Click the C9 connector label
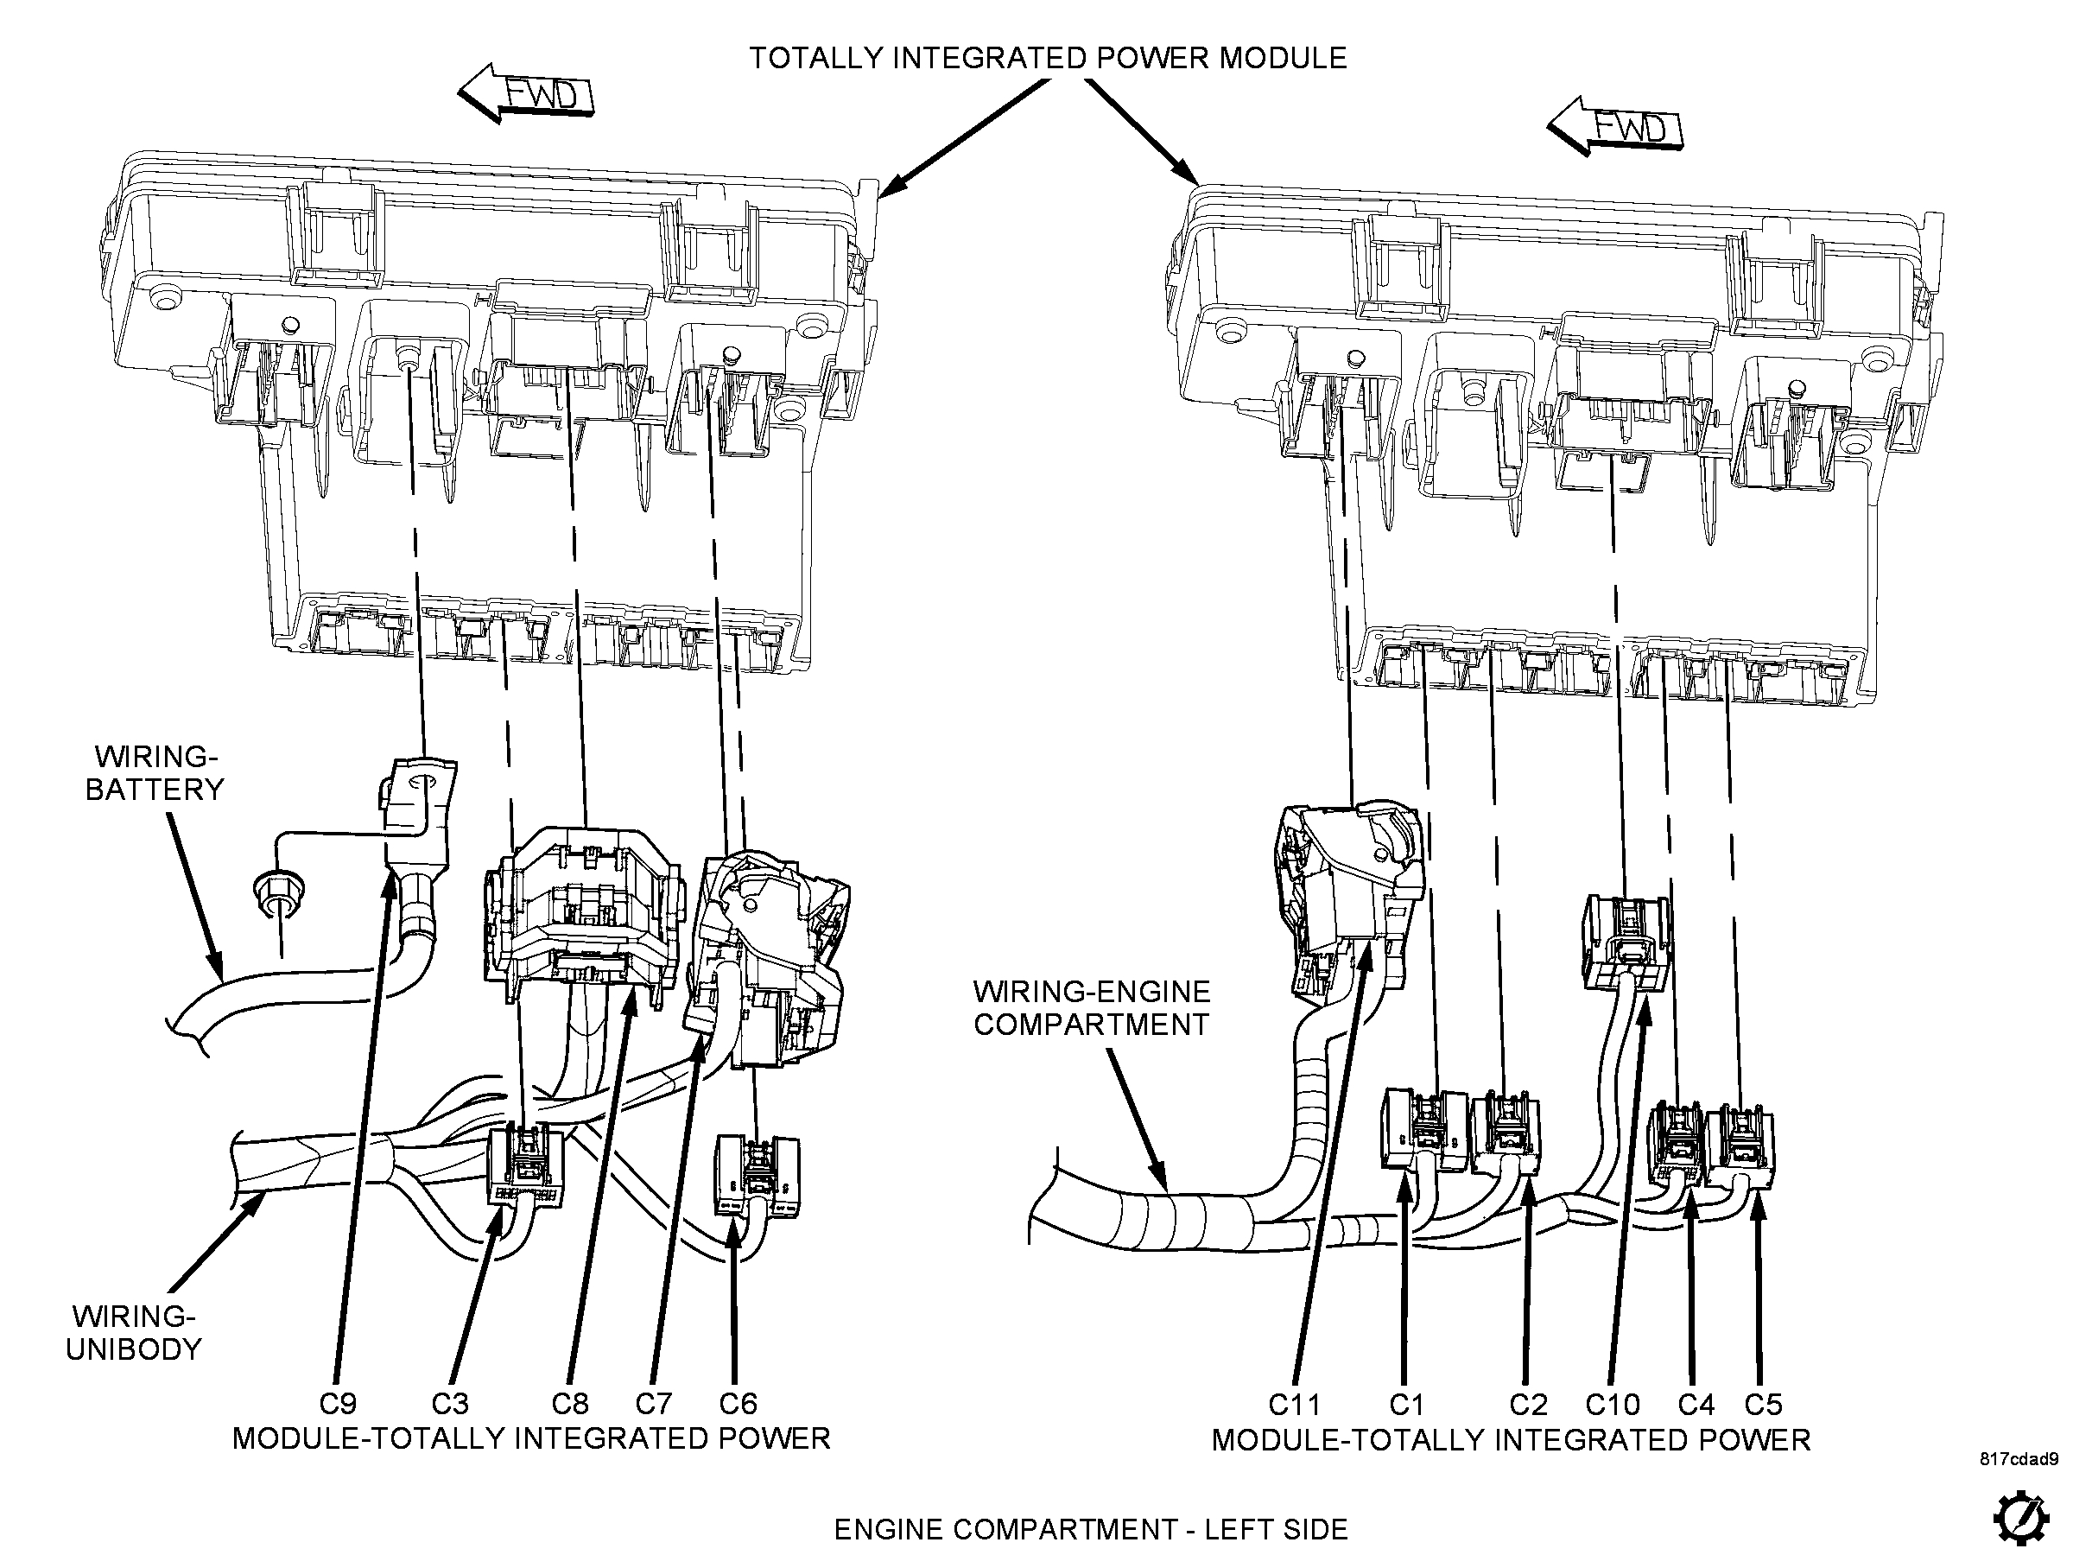tap(338, 1403)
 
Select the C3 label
tap(450, 1403)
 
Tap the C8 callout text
tap(570, 1403)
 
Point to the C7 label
tap(653, 1403)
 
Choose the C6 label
tap(738, 1403)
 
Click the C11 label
tap(1294, 1404)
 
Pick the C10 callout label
tap(1613, 1404)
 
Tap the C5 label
tap(1763, 1404)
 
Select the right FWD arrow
tap(1614, 126)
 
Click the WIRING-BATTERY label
tap(155, 773)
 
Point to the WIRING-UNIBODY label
tap(133, 1332)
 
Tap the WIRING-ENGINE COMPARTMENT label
tap(1092, 1007)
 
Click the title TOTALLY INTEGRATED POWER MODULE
tap(1048, 58)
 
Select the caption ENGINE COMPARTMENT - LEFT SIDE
tap(1091, 1529)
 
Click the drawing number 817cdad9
tap(2019, 1459)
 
